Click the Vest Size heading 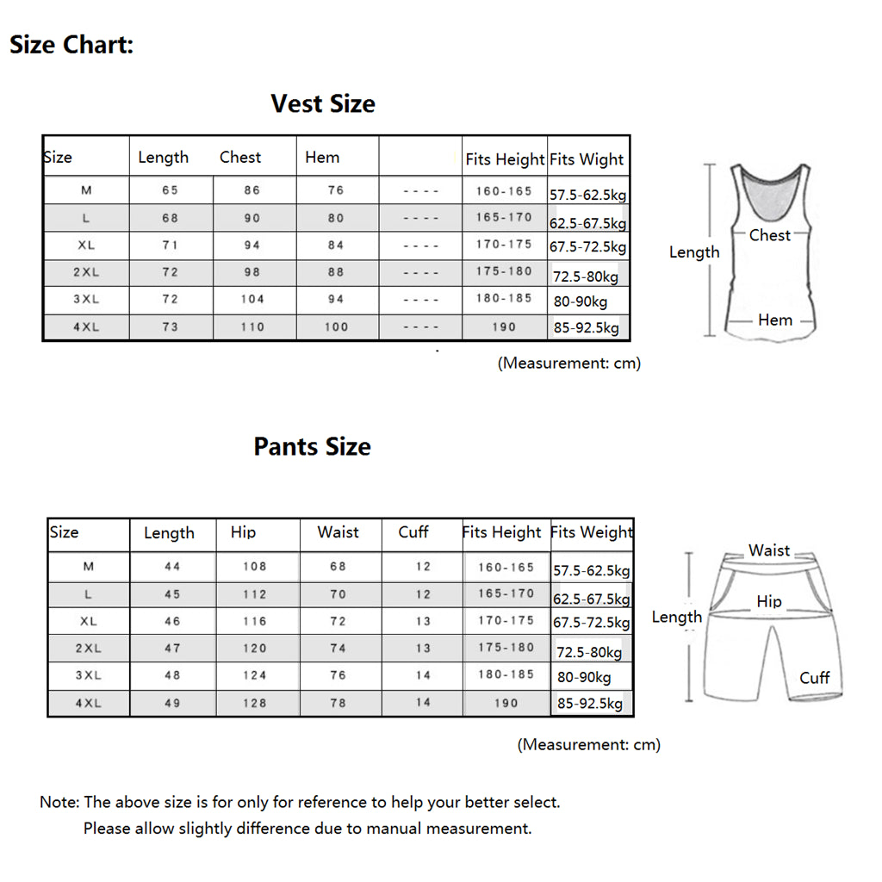(x=323, y=104)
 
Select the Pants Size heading (x=312, y=447)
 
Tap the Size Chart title (x=71, y=45)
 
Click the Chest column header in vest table (x=240, y=157)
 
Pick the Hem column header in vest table (x=322, y=157)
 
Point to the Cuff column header (x=413, y=532)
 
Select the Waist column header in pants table (x=338, y=532)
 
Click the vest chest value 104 (x=252, y=300)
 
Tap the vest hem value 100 (x=336, y=327)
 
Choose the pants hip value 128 (x=254, y=703)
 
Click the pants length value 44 (x=172, y=567)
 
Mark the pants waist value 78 (x=338, y=703)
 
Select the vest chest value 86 (x=252, y=190)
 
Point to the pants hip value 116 (x=254, y=621)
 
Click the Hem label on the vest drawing (x=775, y=320)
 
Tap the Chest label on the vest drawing (x=769, y=235)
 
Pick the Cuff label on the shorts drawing (x=814, y=678)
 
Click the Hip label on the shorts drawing (x=769, y=601)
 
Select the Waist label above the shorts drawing (x=768, y=550)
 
